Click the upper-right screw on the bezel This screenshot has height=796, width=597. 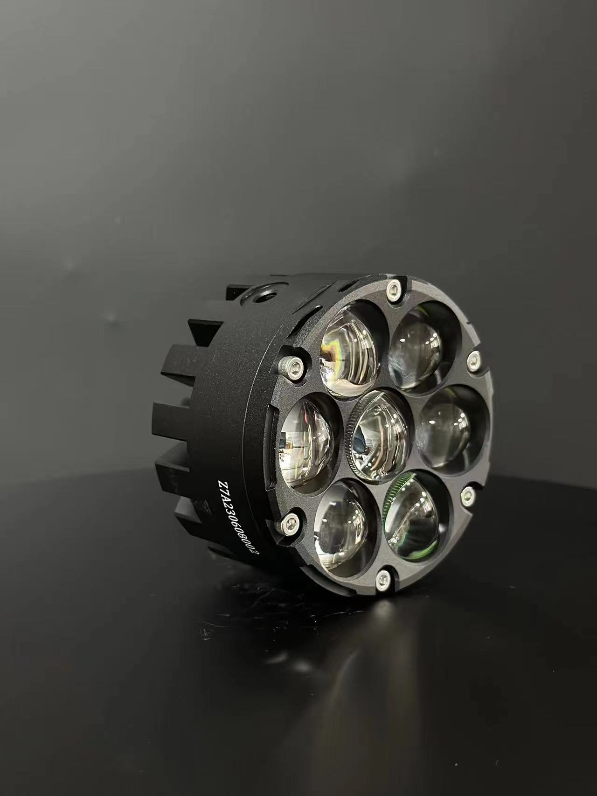(473, 359)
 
